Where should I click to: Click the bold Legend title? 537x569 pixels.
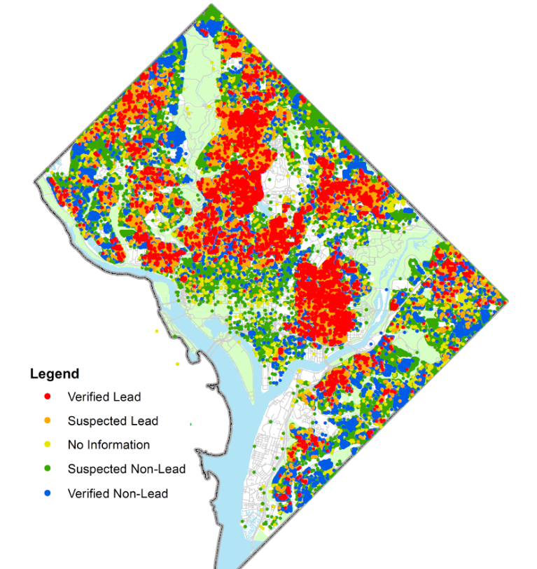click(54, 374)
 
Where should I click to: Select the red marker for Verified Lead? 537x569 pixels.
click(48, 397)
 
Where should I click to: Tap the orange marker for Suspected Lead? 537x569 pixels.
click(48, 421)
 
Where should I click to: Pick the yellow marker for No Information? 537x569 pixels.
click(48, 445)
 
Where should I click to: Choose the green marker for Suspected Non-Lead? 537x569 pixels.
click(48, 469)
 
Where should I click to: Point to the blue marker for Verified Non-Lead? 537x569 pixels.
click(48, 493)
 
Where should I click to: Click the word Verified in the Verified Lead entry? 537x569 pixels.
click(90, 397)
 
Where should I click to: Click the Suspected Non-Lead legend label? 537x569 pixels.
click(126, 469)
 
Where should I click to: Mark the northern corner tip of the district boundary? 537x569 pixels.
click(211, 6)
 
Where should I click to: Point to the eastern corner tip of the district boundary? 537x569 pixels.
click(507, 301)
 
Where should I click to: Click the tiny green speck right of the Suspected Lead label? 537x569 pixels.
click(190, 423)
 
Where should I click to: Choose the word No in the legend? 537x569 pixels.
click(75, 445)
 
